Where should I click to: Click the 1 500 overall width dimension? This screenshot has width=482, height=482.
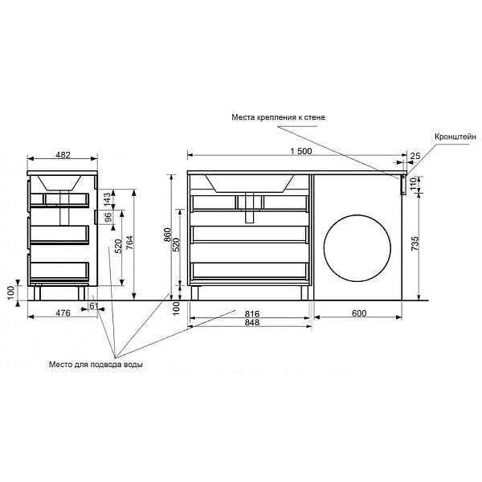click(x=301, y=151)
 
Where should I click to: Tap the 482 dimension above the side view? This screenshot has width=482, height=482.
click(x=63, y=155)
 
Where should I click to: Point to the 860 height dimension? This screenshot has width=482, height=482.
click(x=168, y=235)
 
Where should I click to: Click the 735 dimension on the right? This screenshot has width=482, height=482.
click(x=415, y=243)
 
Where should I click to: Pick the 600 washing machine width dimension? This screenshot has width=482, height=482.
click(x=359, y=313)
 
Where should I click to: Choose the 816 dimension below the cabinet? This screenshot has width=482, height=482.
click(x=252, y=314)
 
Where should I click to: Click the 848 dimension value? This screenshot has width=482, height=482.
click(x=252, y=322)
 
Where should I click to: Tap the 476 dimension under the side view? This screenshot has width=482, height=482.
click(x=63, y=313)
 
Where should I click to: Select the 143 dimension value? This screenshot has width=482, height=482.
click(x=107, y=199)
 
